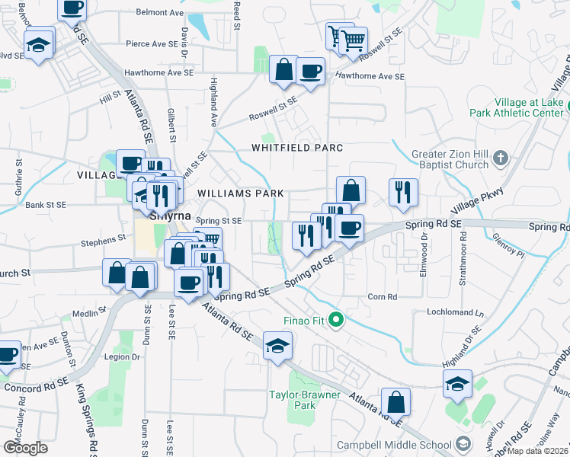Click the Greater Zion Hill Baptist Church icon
(x=500, y=158)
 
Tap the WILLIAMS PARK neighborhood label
(x=235, y=193)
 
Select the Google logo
(x=25, y=447)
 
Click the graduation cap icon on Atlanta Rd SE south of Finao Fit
(x=277, y=346)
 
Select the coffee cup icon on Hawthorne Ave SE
(x=310, y=72)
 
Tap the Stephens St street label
(x=104, y=239)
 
